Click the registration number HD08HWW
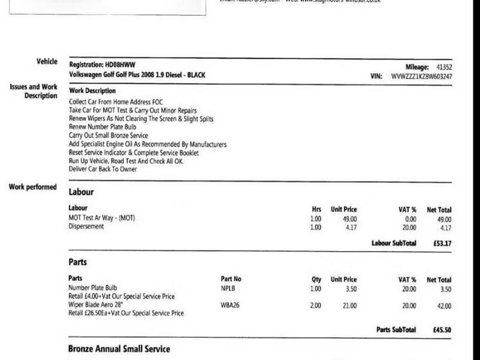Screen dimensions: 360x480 tap(120, 65)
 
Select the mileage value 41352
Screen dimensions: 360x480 tap(443, 67)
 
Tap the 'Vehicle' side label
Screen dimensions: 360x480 tap(47, 61)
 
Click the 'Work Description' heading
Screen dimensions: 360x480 tap(92, 91)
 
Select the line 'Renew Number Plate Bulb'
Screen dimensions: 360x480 tap(102, 127)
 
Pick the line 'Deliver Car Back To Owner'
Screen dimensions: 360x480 tap(102, 169)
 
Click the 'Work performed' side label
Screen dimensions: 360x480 tap(33, 187)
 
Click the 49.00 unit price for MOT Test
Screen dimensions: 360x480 tap(350, 219)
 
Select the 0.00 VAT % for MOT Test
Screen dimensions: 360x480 tap(409, 219)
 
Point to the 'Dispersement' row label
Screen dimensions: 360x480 tap(86, 227)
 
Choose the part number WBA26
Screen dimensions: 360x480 tap(230, 305)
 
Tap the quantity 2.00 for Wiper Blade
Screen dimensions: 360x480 tap(316, 306)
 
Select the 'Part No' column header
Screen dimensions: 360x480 tap(231, 279)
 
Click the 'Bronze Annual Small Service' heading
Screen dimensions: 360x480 tap(119, 349)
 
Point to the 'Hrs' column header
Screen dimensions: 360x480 tap(317, 209)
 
